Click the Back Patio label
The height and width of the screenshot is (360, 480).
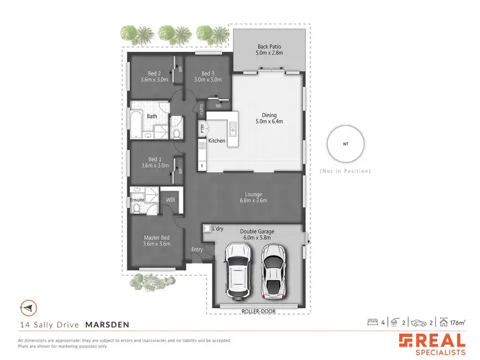[269, 47]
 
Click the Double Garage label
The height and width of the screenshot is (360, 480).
[255, 231]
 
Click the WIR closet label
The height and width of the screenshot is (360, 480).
[170, 200]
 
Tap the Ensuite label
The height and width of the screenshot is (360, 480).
[138, 200]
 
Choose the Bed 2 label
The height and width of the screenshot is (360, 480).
[154, 73]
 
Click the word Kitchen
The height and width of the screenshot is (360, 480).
[216, 140]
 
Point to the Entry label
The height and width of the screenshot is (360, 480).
[197, 249]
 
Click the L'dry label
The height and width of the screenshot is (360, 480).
[217, 228]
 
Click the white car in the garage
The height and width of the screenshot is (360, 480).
[237, 273]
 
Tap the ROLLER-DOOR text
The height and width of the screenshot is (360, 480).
[256, 311]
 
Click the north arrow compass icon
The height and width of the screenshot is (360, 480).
[28, 308]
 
